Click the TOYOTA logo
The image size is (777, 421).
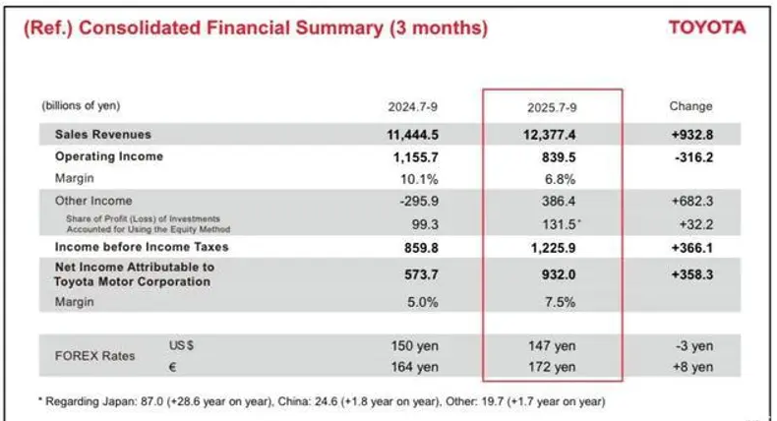pos(706,28)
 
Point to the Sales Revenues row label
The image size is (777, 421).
pos(103,134)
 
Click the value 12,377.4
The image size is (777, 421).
pos(544,134)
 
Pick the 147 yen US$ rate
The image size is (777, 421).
pos(551,346)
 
